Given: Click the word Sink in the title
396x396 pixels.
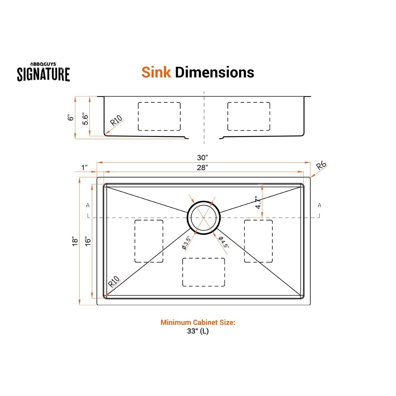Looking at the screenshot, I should coord(156,72).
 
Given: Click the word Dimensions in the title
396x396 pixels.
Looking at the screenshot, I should coord(214,72).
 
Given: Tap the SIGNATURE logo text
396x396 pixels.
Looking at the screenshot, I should coord(44,74).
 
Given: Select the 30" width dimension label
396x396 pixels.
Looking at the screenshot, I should coord(202,158).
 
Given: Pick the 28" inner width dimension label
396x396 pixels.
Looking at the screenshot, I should coord(202,167).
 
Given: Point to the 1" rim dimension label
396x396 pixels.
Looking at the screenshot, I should coord(84,167).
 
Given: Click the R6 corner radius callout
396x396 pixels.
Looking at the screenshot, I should coord(321,166).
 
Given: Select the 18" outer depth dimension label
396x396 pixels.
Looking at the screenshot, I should coord(75,241).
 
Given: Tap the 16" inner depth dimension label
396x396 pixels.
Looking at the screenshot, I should coord(88,241).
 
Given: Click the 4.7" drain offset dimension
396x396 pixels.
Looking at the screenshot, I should coord(259,202).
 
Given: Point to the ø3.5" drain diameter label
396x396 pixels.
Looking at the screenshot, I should coord(186,243).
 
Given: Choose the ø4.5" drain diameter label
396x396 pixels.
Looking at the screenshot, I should coord(223,242).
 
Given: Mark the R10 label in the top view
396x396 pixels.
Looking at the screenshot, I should coord(114,282).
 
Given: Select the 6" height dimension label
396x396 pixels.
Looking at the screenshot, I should coord(70,118).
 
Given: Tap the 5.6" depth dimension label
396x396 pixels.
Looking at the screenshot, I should coord(85,120).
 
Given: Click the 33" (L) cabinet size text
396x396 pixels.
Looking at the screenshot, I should coord(198,331).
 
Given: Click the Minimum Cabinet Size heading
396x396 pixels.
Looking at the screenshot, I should coord(198,322).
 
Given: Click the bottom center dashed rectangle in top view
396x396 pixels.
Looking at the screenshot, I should coord(204,272).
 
